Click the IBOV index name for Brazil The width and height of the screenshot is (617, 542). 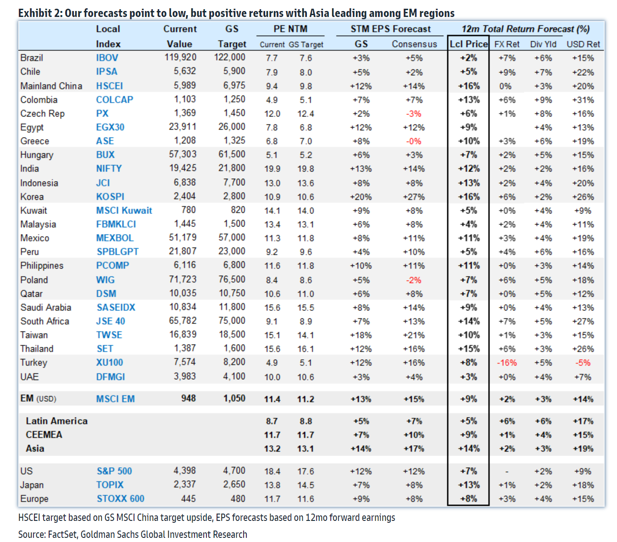(107, 58)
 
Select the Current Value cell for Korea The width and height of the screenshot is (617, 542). (184, 196)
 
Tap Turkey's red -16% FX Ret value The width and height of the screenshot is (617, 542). (506, 363)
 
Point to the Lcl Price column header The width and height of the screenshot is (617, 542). (468, 44)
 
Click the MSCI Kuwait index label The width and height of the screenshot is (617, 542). (124, 210)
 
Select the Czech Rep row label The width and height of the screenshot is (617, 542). (42, 114)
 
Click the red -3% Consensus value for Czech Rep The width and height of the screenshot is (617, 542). (413, 114)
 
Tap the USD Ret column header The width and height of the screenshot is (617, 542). (583, 44)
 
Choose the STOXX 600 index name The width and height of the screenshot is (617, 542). (120, 498)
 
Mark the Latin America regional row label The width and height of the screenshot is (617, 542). (56, 421)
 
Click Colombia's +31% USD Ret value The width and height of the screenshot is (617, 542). (583, 100)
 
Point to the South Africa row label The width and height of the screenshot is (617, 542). (44, 321)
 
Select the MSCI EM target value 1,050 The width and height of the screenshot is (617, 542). (234, 398)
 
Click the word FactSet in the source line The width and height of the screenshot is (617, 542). (62, 534)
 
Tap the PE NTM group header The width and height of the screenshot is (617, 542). (290, 29)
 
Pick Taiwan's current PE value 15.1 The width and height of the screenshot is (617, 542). (272, 335)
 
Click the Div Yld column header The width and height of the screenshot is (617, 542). (543, 44)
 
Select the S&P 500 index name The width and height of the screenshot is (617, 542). (114, 471)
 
